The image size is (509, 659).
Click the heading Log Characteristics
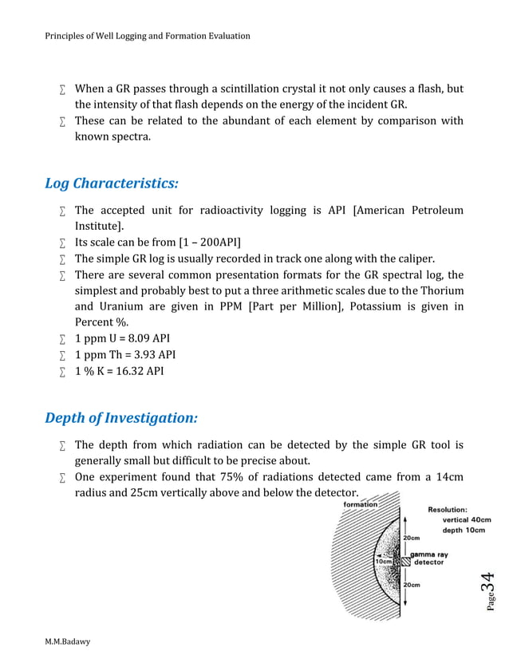112,183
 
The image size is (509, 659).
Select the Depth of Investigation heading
121,418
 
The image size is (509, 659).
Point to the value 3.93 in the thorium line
140,353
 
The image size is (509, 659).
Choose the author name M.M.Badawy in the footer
68,641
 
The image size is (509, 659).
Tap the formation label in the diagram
361,504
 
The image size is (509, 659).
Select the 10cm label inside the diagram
383,561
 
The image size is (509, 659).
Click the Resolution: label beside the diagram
448,509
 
